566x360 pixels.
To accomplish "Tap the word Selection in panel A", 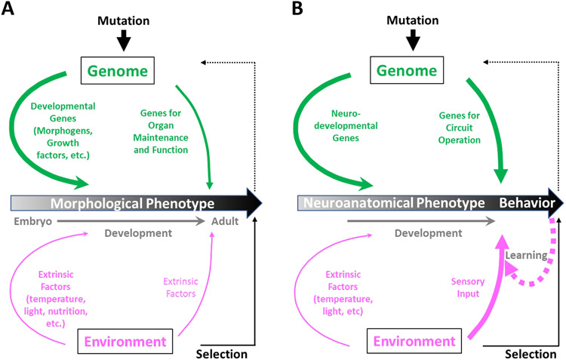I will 222,352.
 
